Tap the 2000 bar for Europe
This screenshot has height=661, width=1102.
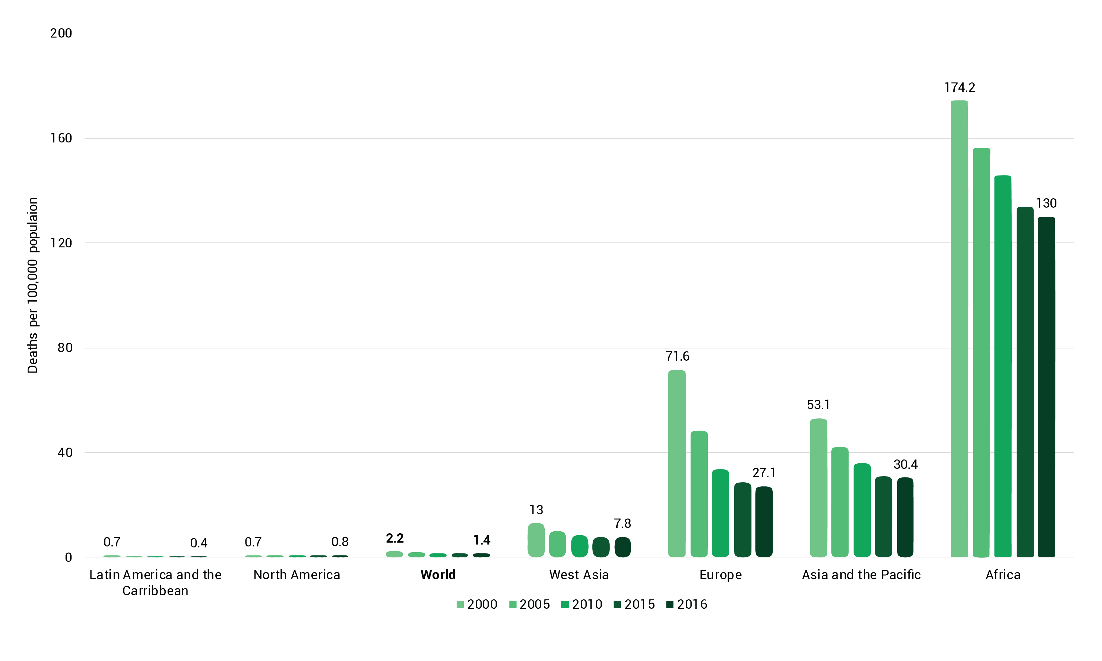tap(676, 463)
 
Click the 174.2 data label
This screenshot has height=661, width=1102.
tap(959, 87)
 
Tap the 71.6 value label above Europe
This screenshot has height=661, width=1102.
tap(677, 356)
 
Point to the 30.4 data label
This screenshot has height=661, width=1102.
tap(905, 465)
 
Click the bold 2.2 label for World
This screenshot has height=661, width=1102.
tap(395, 538)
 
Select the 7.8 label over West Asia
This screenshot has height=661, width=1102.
tap(622, 523)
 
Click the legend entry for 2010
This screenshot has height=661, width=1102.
tap(582, 605)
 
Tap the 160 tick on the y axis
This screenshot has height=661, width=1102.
tap(61, 138)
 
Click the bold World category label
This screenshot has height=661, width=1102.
tap(438, 575)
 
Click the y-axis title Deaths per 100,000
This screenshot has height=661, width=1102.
tap(32, 285)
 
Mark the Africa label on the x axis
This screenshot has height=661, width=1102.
tap(1002, 575)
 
